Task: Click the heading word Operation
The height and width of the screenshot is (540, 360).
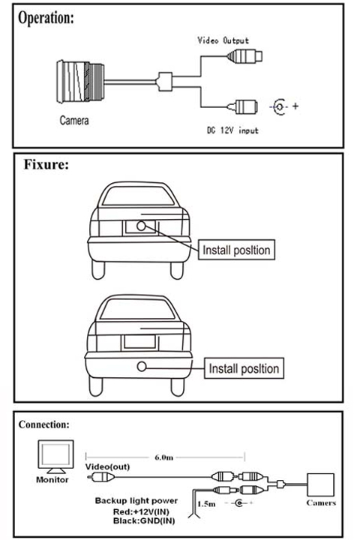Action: pos(46,18)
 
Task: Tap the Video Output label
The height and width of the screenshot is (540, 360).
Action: pos(223,40)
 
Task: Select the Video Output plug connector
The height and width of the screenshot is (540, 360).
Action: pos(244,55)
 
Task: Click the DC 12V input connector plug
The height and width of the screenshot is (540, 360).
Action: pos(242,106)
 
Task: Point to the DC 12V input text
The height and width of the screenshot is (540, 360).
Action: pos(232,130)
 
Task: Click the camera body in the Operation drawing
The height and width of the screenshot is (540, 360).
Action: pos(80,82)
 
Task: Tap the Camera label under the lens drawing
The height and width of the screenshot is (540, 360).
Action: pos(74,120)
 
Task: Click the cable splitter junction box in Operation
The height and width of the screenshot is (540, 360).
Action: pos(165,82)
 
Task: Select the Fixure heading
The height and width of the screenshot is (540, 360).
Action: pos(46,164)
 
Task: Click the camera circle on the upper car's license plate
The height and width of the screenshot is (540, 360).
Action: pos(141,226)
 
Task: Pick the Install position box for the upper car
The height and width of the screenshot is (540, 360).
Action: pos(236,250)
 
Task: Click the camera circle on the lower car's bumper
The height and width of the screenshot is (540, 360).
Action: pos(142,367)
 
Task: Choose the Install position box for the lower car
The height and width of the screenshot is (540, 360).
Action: pos(244,368)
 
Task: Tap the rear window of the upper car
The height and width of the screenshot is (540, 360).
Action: pos(138,196)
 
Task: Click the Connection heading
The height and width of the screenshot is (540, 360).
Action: pos(43,424)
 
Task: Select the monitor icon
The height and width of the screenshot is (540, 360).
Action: pos(55,457)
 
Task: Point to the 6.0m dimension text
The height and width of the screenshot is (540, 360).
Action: pos(164,457)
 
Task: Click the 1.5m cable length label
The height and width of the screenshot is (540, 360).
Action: pos(207,504)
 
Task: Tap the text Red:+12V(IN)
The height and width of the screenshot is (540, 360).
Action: pos(141,511)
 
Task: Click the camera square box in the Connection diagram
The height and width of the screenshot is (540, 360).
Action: pos(320,485)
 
